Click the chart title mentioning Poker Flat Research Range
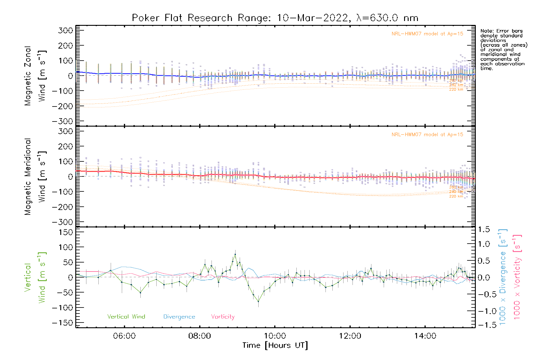pyautogui.click(x=275, y=18)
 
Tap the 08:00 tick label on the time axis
pyautogui.click(x=199, y=336)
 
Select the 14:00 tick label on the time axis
pyautogui.click(x=425, y=336)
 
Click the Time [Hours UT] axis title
pyautogui.click(x=275, y=345)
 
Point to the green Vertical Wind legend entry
pyautogui.click(x=126, y=316)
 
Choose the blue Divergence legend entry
pyautogui.click(x=179, y=316)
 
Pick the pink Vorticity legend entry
pyautogui.click(x=223, y=316)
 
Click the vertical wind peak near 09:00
pyautogui.click(x=235, y=254)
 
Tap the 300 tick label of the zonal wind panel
pyautogui.click(x=66, y=31)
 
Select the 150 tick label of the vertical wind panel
pyautogui.click(x=66, y=232)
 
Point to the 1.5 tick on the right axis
pyautogui.click(x=484, y=229)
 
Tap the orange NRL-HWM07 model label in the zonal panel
pyautogui.click(x=427, y=34)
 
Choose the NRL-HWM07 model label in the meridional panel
pyautogui.click(x=427, y=135)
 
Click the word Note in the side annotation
pyautogui.click(x=486, y=31)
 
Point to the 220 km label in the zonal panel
pyautogui.click(x=456, y=89)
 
